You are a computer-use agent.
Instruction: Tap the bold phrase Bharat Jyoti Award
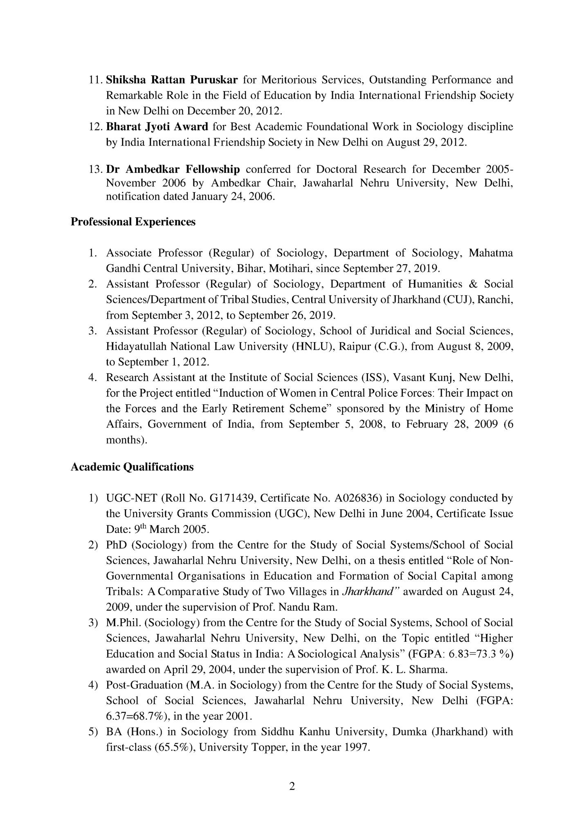[157, 127]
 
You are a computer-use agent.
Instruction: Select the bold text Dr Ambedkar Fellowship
[173, 169]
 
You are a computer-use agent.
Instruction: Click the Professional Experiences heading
[133, 222]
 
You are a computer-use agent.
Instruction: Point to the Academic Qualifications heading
[132, 467]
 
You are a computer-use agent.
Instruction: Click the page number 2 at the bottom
[292, 786]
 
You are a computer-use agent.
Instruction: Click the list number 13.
[95, 169]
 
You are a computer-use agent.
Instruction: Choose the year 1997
[357, 748]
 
